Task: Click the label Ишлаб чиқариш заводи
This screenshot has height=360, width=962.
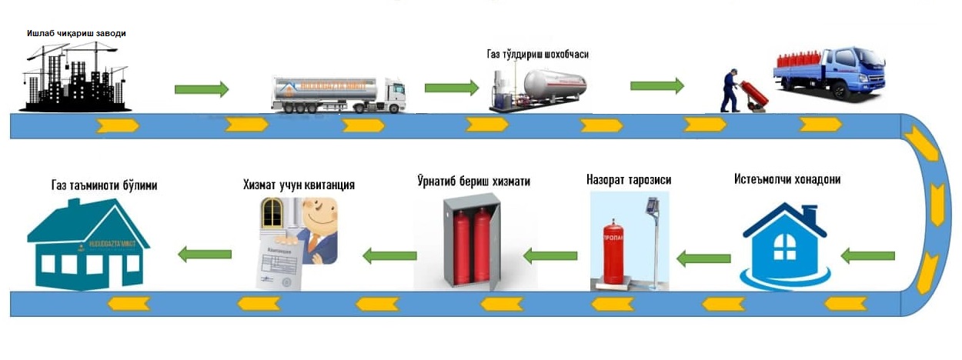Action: pos(75,33)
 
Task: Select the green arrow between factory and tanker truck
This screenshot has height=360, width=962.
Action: pos(202,89)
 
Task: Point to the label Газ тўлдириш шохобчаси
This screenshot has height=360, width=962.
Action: pos(538,55)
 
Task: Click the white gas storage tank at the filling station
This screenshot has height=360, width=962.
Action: pos(554,85)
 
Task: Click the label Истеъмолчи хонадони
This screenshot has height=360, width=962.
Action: pos(786,179)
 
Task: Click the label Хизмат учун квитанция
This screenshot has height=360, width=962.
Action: pos(298,185)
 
